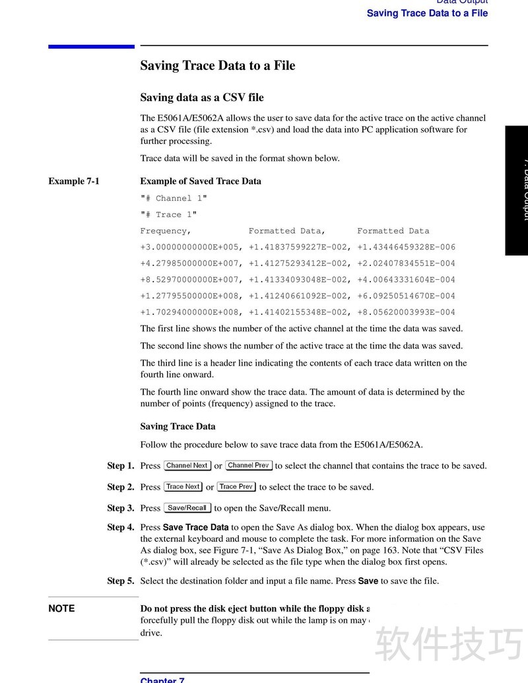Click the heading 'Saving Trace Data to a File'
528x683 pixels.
point(217,65)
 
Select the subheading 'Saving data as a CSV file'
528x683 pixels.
point(201,98)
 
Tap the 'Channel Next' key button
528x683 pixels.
point(187,466)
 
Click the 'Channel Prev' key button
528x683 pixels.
point(249,466)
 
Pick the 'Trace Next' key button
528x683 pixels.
point(183,487)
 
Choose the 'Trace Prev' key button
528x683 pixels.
point(236,487)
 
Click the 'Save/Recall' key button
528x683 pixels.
point(187,508)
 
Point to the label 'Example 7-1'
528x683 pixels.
point(73,181)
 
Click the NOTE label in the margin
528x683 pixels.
point(61,608)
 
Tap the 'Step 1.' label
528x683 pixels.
point(121,466)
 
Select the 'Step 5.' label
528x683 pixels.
point(121,581)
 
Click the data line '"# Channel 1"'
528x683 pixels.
point(174,198)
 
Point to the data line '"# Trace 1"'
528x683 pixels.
point(168,214)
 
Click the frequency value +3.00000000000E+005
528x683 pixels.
point(191,247)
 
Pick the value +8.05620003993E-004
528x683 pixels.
point(406,312)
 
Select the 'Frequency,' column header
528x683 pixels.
point(166,231)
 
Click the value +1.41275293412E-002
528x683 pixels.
point(299,263)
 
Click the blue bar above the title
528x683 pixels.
point(91,46)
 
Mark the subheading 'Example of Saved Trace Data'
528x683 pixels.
point(201,181)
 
